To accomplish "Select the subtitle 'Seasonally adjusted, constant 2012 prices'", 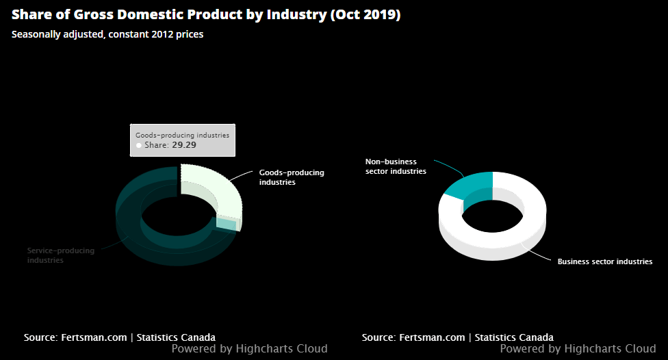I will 107,34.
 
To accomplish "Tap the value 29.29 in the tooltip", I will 184,145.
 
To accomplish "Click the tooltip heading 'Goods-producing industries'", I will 182,135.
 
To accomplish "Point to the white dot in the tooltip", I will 139,146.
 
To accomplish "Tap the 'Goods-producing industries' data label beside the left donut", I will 291,177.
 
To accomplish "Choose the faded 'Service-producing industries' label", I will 60,255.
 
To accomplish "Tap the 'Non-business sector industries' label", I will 395,166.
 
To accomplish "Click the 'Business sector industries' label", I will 604,261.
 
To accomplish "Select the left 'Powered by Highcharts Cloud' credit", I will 249,349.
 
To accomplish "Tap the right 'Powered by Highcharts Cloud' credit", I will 578,349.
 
